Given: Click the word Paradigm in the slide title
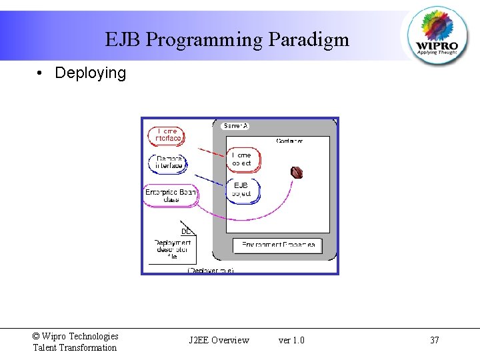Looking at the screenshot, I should click(x=309, y=40).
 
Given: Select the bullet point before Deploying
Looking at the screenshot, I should click(x=41, y=73).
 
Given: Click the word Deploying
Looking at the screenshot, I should click(x=90, y=73).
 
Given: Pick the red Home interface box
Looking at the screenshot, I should click(x=166, y=135).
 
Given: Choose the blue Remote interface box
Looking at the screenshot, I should click(x=168, y=162).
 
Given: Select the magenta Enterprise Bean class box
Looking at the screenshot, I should click(x=171, y=195).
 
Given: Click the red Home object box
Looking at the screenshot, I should click(x=242, y=159).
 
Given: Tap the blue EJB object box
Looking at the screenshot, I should click(x=242, y=189).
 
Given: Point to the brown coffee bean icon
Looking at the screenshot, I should click(x=297, y=173).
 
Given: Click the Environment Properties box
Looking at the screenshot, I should click(x=277, y=245).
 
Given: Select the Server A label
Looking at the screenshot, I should click(x=236, y=125).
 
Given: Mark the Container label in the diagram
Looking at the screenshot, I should click(x=289, y=141).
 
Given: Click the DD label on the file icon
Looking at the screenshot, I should click(x=187, y=231).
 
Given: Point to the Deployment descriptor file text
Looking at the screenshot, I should click(x=172, y=249).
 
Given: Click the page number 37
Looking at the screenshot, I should click(x=435, y=341).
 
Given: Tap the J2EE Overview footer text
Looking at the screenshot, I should click(x=219, y=341).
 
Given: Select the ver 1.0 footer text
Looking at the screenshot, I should click(x=291, y=341).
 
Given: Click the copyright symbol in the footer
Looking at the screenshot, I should click(x=36, y=337).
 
